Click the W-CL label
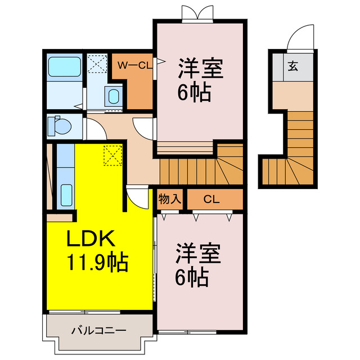133,65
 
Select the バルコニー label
99,330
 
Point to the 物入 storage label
169,199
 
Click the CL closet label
211,199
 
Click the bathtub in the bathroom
65,67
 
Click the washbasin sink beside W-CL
114,96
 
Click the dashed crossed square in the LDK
112,155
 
